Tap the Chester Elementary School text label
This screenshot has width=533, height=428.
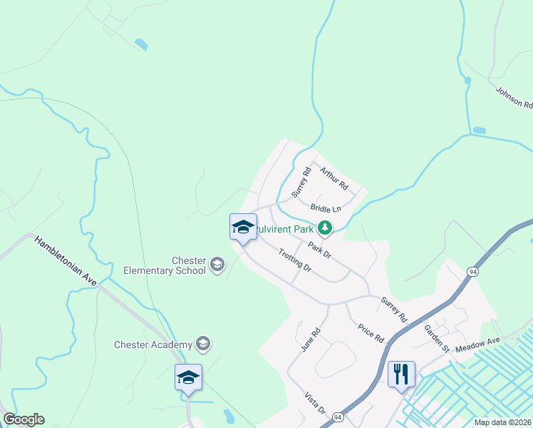tap(165, 265)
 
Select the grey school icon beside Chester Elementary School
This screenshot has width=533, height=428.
tap(217, 266)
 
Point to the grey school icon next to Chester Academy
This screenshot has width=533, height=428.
tap(203, 345)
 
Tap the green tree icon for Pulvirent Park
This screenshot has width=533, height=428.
tap(326, 228)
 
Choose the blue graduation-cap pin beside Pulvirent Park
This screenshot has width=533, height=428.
tap(243, 228)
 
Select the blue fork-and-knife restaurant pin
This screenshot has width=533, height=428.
tap(401, 373)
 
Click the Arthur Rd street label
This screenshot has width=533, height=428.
tap(333, 178)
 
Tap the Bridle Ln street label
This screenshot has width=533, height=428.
tap(326, 208)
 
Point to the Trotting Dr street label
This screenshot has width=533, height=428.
tap(295, 260)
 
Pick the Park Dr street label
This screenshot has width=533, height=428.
tap(319, 250)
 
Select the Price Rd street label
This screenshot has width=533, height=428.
tap(371, 332)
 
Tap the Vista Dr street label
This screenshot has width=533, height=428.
tap(315, 404)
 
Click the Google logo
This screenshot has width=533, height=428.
tap(24, 419)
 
